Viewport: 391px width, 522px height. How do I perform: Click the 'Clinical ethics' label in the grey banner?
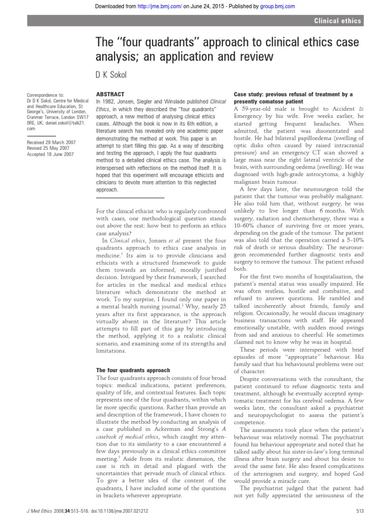337,21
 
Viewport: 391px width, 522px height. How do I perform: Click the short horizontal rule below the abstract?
129,197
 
